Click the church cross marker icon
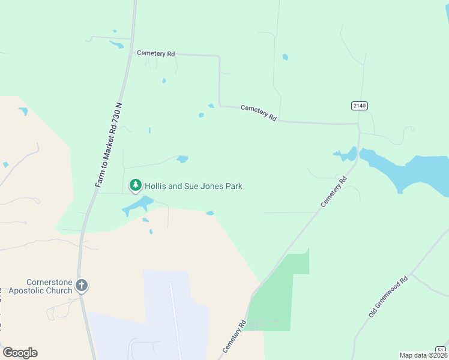pyautogui.click(x=82, y=286)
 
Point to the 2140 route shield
pyautogui.click(x=359, y=106)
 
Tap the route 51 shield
pyautogui.click(x=441, y=350)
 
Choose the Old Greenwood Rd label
pyautogui.click(x=388, y=296)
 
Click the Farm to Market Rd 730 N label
pyautogui.click(x=109, y=145)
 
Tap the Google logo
pyautogui.click(x=20, y=353)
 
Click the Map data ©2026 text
pyautogui.click(x=423, y=355)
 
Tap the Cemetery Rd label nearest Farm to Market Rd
pyautogui.click(x=155, y=53)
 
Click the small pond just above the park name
pyautogui.click(x=182, y=159)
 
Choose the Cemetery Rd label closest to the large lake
pyautogui.click(x=334, y=191)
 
